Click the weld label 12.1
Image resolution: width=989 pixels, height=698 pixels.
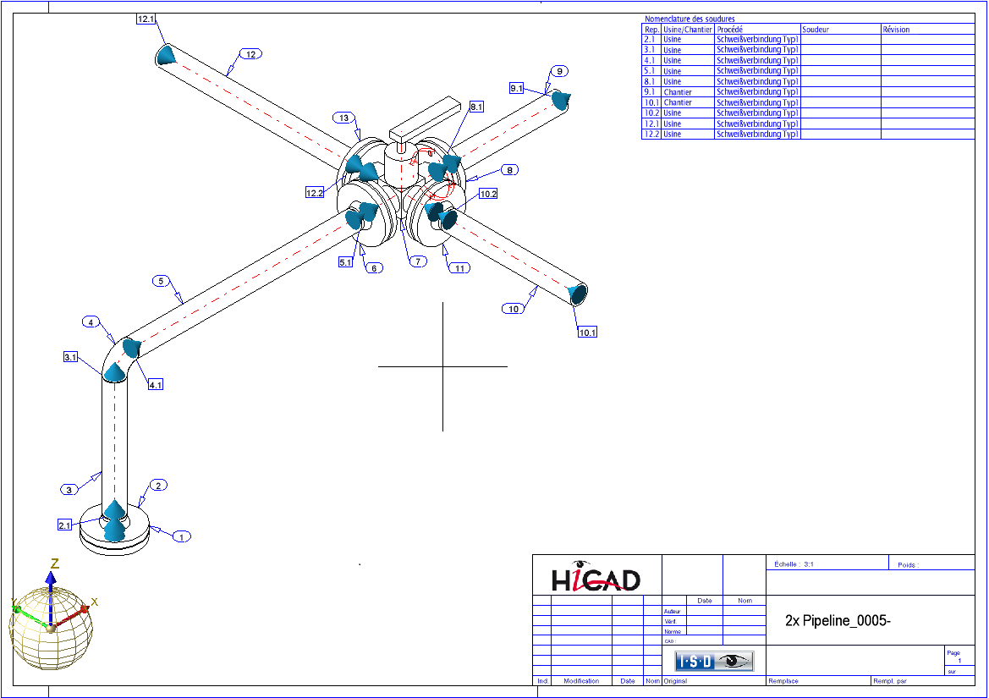[x=146, y=19]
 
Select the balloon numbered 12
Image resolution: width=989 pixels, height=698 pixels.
[x=250, y=54]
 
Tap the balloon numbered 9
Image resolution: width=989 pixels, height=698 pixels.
[x=559, y=71]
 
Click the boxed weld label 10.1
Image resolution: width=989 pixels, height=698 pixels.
[x=587, y=333]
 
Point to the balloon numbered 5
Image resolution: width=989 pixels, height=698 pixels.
[x=162, y=280]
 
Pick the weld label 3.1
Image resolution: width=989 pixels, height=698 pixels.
[x=71, y=358]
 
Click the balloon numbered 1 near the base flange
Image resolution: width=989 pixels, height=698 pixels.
[x=181, y=536]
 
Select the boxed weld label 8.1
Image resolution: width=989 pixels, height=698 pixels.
[x=476, y=107]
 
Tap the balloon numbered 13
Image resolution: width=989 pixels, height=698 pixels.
[x=343, y=118]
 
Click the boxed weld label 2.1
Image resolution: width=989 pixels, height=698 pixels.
[x=65, y=525]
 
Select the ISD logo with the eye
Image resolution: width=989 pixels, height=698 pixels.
[x=714, y=661]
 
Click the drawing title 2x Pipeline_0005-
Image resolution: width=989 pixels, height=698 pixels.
[x=838, y=620]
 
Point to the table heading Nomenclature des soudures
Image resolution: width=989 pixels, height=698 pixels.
[x=690, y=19]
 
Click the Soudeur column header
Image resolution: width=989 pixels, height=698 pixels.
[x=816, y=30]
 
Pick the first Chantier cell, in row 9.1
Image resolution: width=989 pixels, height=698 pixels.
[x=678, y=92]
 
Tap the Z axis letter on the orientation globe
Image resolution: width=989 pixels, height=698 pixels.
[x=54, y=563]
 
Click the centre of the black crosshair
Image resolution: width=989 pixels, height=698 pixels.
[x=442, y=366]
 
